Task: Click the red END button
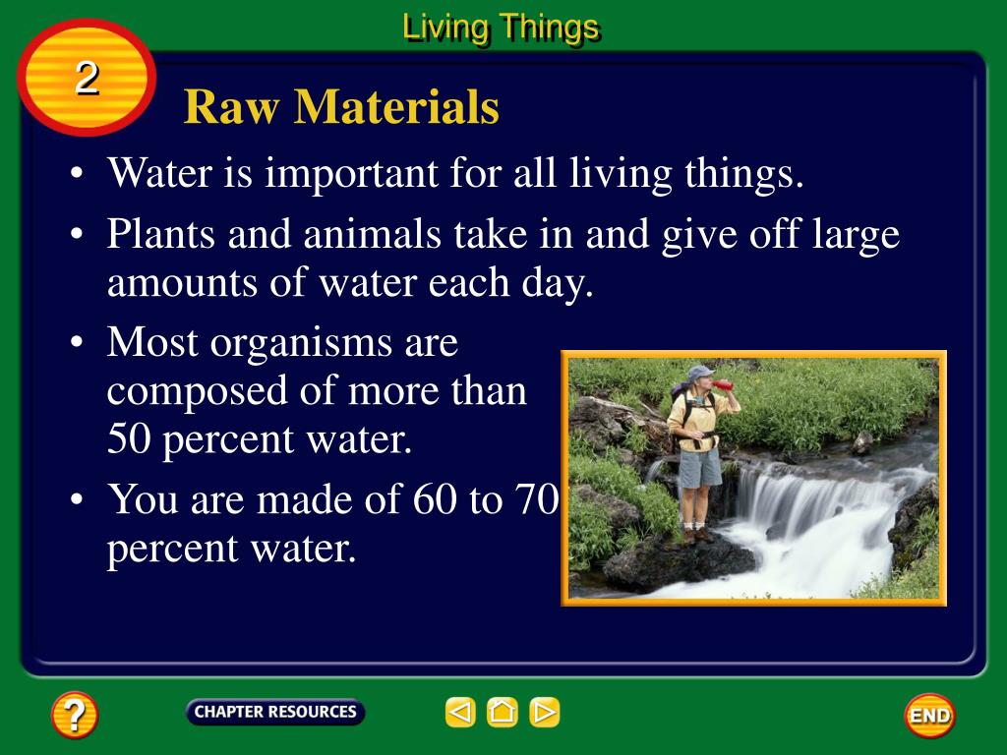[929, 715]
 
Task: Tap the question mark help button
[75, 715]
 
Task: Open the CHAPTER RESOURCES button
[274, 712]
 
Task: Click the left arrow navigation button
[459, 712]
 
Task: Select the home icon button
[503, 712]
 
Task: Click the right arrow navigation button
[545, 712]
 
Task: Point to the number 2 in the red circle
[87, 79]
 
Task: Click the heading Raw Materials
[341, 107]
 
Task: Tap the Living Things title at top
[501, 28]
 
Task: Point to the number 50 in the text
[129, 439]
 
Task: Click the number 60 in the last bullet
[434, 499]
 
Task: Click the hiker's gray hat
[700, 373]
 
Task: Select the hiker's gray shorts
[699, 468]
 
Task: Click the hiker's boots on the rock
[699, 535]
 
